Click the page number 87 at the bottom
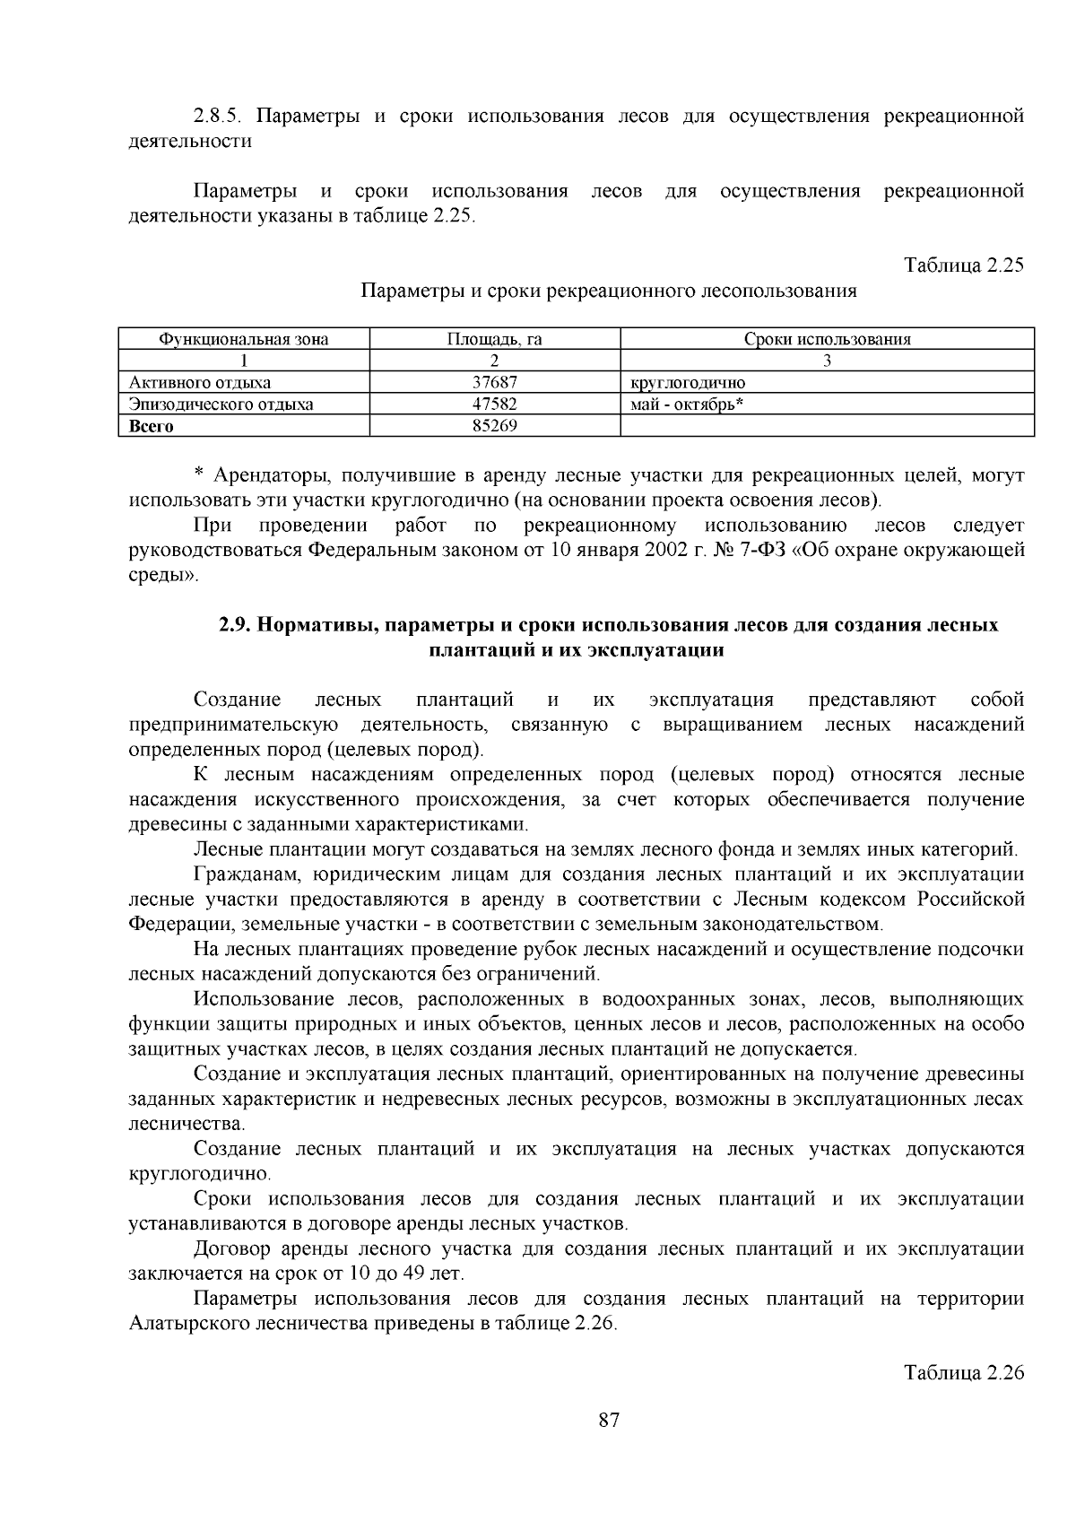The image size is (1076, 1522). tap(609, 1420)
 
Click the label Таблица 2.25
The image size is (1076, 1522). tap(964, 265)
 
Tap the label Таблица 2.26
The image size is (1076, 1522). tap(964, 1373)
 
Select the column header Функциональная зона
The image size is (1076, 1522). tap(244, 339)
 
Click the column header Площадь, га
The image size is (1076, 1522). tap(495, 339)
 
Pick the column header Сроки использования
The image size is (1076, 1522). tap(827, 339)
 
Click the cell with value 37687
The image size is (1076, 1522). tap(495, 382)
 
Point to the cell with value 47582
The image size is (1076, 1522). tap(495, 404)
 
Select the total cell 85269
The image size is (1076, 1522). tap(495, 425)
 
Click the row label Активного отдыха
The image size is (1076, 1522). tap(200, 382)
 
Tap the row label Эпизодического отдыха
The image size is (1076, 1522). tap(221, 404)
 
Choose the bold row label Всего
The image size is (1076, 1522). tap(152, 426)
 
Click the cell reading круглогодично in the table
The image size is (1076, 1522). tap(689, 383)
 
